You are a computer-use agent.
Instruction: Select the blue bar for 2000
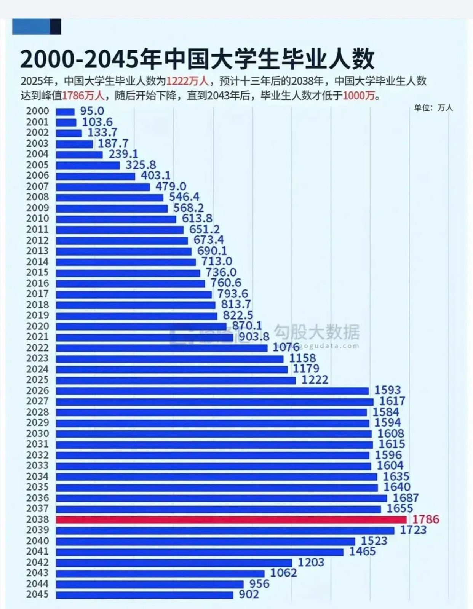pos(65,112)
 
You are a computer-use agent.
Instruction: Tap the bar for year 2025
pos(176,380)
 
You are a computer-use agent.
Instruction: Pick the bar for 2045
pos(144,595)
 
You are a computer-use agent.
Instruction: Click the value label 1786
pos(426,519)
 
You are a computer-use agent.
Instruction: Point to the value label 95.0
pos(92,111)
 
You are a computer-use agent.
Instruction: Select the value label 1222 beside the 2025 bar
pos(315,380)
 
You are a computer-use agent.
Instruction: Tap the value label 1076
pos(286,347)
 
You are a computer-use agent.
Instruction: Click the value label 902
pos(249,594)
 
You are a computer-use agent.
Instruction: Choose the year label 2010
pos(37,219)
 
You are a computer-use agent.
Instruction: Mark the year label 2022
pos(37,348)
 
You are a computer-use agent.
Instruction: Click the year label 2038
pos(37,519)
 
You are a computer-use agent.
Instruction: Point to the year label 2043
pos(37,573)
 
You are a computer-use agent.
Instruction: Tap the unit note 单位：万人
pos(433,108)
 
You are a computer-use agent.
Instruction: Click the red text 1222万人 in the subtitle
pos(187,81)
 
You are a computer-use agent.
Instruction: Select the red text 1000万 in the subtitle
pos(359,95)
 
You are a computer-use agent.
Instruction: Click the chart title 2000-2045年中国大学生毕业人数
pos(197,59)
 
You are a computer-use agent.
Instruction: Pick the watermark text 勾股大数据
pos(317,332)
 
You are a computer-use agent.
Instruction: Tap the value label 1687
pos(406,498)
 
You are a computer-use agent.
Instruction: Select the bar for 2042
pos(174,563)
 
